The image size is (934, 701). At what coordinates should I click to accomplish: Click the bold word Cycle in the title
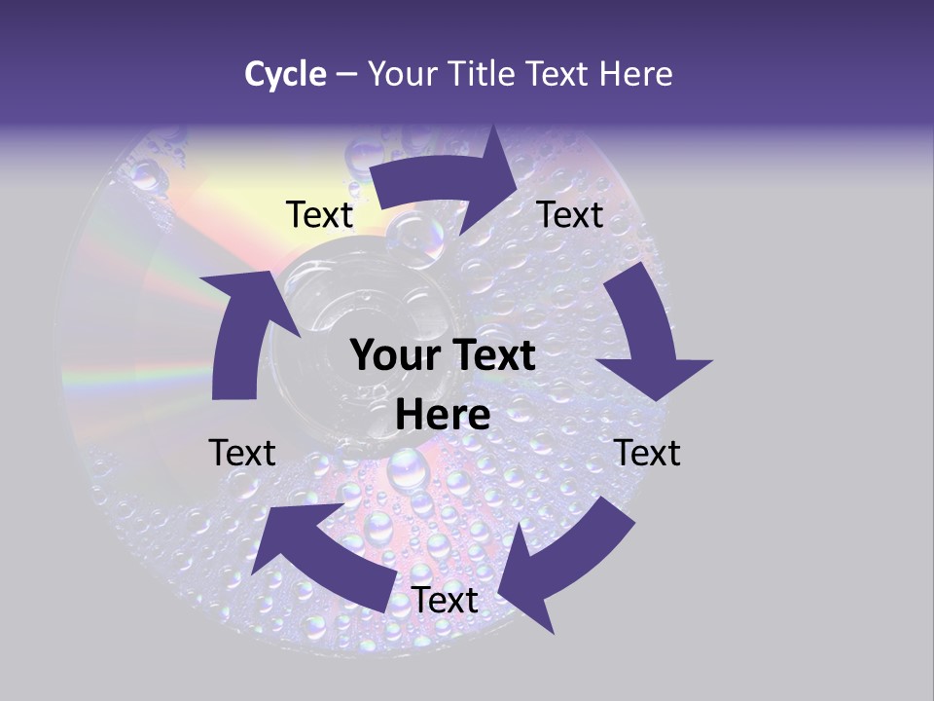(x=285, y=74)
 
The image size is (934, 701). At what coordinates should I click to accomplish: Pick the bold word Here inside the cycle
(x=443, y=415)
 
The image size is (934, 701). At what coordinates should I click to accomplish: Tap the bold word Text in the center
(x=490, y=356)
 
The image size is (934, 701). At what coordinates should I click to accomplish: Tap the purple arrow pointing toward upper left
(x=321, y=555)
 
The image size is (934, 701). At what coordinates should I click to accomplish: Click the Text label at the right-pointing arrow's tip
(x=570, y=214)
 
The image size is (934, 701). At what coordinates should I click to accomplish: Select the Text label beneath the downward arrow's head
(x=647, y=453)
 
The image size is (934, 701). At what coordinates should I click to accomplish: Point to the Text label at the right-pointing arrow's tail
(x=319, y=214)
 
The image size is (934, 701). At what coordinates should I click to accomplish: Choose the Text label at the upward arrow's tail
(x=242, y=453)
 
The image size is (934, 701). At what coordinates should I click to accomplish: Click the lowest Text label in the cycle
(x=445, y=601)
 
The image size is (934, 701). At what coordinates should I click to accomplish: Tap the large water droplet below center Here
(x=408, y=471)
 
